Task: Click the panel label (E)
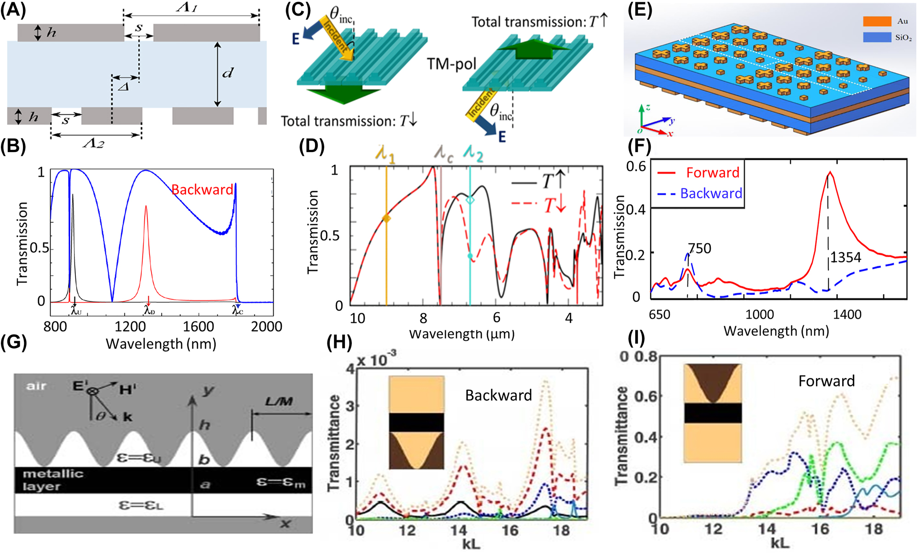click(x=640, y=10)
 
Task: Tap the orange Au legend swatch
click(x=877, y=22)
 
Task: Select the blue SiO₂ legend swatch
click(x=877, y=37)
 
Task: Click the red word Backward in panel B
click(x=202, y=190)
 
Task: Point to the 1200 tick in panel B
click(x=130, y=327)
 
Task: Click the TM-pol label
click(x=451, y=64)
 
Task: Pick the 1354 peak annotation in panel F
click(x=845, y=257)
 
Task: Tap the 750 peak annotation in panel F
click(x=699, y=249)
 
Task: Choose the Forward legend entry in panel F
click(x=712, y=173)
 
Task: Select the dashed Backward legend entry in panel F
click(x=710, y=193)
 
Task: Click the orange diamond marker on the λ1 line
click(x=386, y=219)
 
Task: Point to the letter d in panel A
click(x=228, y=73)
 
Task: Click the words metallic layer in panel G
click(x=53, y=480)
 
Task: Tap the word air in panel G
click(x=36, y=386)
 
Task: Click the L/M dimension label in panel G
click(x=279, y=402)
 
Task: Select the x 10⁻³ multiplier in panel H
click(x=377, y=360)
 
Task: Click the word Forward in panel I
click(x=826, y=381)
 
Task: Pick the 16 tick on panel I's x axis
click(x=820, y=529)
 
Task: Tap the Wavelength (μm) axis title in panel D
click(x=462, y=334)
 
